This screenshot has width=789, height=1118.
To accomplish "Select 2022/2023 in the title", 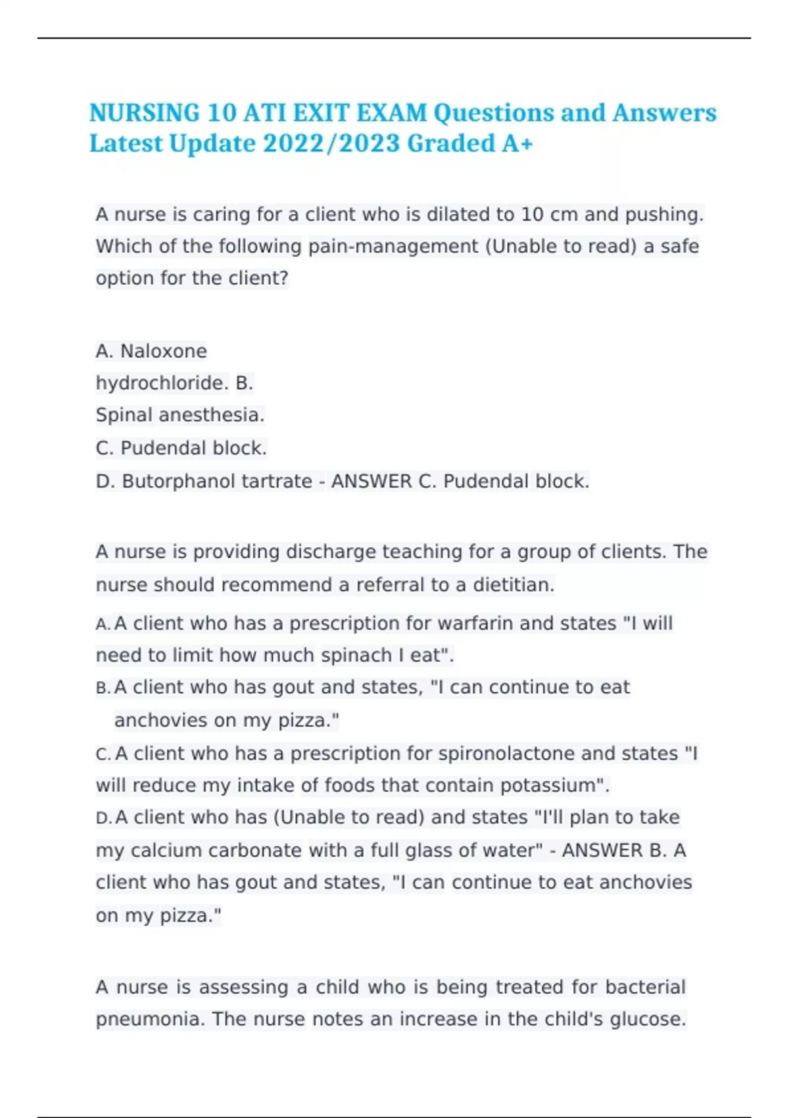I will pyautogui.click(x=331, y=143).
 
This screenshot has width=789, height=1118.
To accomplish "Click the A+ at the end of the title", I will pyautogui.click(x=517, y=143).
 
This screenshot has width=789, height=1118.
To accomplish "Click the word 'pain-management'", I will pyautogui.click(x=393, y=247).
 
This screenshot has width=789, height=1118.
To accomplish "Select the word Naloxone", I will pyautogui.click(x=164, y=351).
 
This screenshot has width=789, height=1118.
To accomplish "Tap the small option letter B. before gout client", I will pyautogui.click(x=103, y=688).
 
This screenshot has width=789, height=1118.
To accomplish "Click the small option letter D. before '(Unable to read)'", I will pyautogui.click(x=103, y=818).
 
